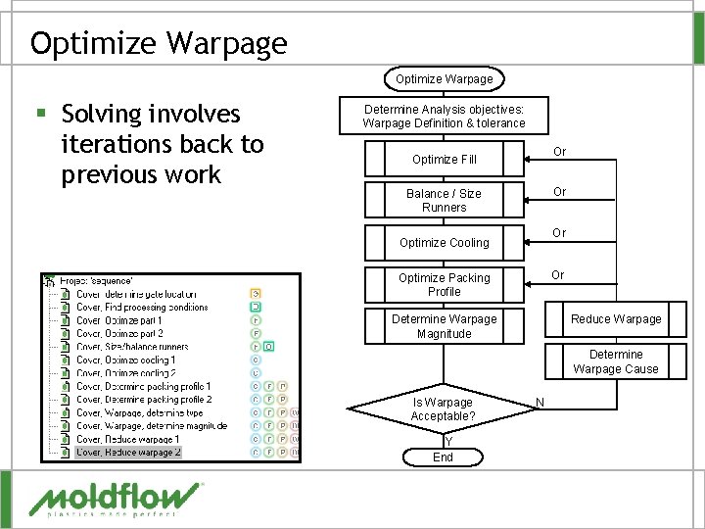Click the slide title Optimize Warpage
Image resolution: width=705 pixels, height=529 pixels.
[159, 43]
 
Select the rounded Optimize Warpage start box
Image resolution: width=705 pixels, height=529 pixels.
[444, 78]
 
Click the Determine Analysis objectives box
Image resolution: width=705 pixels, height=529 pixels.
[444, 116]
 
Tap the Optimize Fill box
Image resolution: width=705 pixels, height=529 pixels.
[444, 159]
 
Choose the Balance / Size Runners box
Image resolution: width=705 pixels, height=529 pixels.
[444, 200]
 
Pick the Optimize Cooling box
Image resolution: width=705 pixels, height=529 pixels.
[444, 242]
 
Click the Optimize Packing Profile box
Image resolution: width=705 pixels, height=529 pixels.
[444, 284]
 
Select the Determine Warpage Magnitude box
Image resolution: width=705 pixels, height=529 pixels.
[444, 326]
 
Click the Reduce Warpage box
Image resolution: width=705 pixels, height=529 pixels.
[616, 318]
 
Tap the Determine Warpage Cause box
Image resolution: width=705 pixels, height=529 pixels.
[616, 361]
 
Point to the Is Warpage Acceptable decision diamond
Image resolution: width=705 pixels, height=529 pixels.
[443, 409]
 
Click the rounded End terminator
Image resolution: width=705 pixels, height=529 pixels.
[443, 457]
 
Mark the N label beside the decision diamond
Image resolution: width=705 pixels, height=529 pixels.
[540, 401]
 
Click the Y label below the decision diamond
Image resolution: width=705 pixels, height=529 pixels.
[446, 441]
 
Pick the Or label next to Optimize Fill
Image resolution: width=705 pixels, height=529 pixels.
[559, 152]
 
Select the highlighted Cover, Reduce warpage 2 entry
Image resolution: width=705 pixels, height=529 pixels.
[128, 452]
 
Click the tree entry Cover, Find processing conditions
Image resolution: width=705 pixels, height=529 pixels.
[142, 307]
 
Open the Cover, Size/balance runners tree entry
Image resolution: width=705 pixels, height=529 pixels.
[132, 346]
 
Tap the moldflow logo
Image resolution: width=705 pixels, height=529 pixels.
[116, 499]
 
